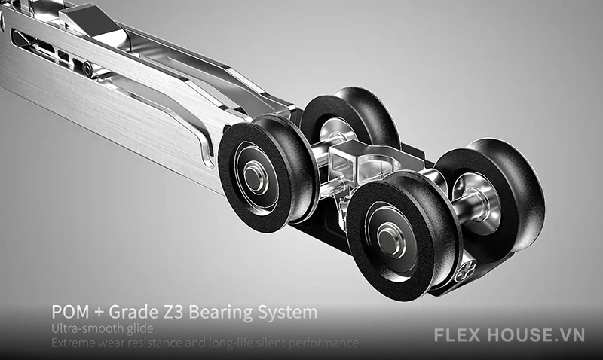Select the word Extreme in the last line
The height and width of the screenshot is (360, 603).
[x=74, y=343]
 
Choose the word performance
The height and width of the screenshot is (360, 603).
[x=329, y=343]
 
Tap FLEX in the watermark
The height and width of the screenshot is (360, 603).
[x=467, y=334]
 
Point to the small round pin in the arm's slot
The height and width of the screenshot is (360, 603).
[x=88, y=69]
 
